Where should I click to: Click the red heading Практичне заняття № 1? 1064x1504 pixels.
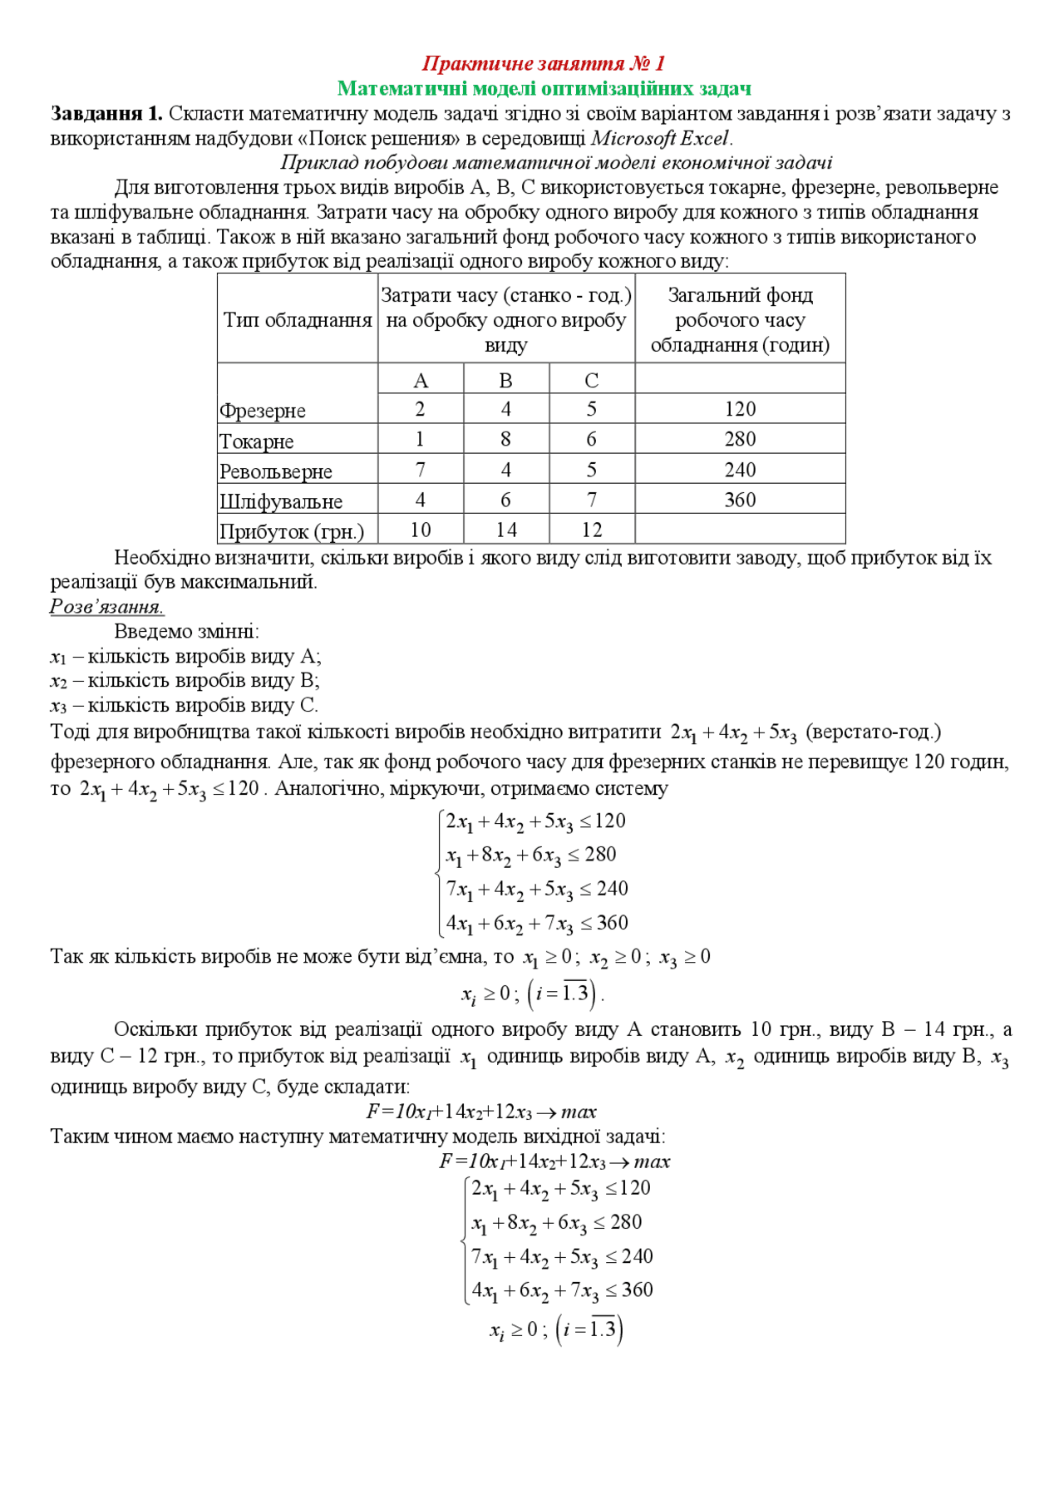pos(544,63)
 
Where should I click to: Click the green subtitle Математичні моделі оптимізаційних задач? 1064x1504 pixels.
pos(544,88)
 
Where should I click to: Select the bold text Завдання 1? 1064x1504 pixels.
pos(106,114)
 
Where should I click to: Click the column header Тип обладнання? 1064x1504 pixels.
pos(298,320)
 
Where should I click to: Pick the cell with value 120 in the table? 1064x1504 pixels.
pos(740,409)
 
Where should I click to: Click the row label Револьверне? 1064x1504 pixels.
pos(276,471)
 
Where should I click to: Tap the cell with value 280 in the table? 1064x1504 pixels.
pos(740,439)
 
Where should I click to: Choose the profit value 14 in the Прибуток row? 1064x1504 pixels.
pos(505,530)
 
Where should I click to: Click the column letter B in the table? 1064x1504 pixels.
pos(505,381)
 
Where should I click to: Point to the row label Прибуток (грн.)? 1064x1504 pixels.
pos(292,531)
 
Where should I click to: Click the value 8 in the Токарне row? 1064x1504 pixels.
pos(505,439)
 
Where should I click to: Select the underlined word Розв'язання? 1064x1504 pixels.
pos(106,606)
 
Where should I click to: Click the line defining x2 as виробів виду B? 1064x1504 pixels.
pos(185,681)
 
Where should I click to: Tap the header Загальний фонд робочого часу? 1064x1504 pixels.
pos(740,320)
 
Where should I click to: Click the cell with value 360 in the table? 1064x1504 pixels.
pos(740,500)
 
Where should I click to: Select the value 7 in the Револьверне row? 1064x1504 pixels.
pos(420,470)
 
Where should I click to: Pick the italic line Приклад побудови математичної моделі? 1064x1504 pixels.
pos(556,163)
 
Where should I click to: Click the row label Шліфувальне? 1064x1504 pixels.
pos(281,501)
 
